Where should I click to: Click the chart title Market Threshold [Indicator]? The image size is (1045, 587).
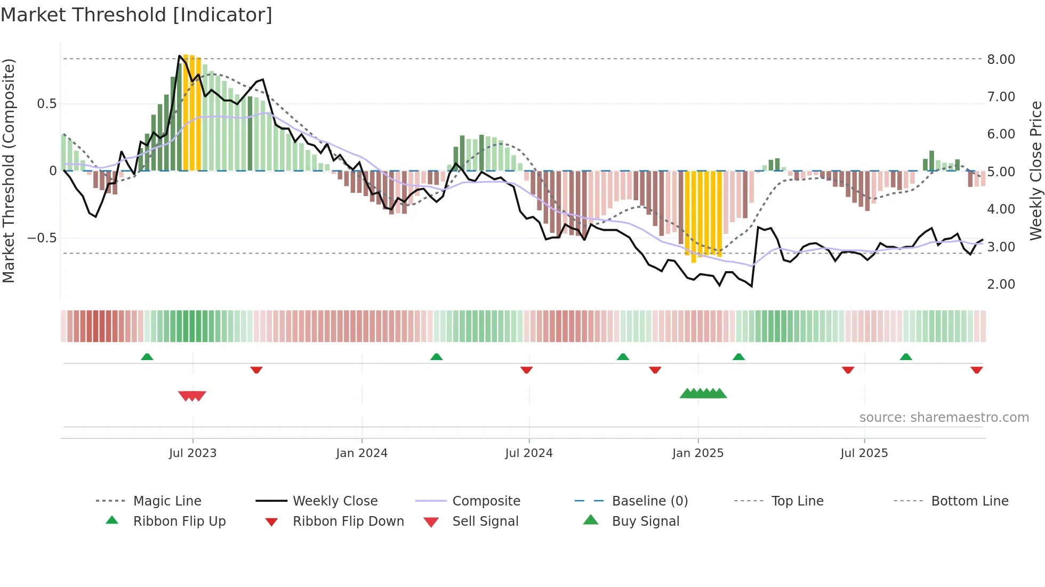coord(136,15)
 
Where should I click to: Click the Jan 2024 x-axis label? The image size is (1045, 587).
coord(361,453)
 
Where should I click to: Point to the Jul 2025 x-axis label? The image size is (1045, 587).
coord(864,453)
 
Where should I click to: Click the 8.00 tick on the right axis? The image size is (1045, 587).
coord(1001,60)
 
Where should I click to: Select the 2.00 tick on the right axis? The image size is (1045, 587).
coord(1001,284)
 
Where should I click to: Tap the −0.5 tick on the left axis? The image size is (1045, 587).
coord(42,238)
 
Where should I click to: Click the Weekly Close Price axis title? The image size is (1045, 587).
coord(1035,170)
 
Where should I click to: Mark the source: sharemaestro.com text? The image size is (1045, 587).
coord(944,418)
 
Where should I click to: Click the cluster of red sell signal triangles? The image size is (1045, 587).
coord(192,396)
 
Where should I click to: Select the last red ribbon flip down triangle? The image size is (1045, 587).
coord(976,370)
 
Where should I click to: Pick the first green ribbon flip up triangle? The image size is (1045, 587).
coord(147,357)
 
